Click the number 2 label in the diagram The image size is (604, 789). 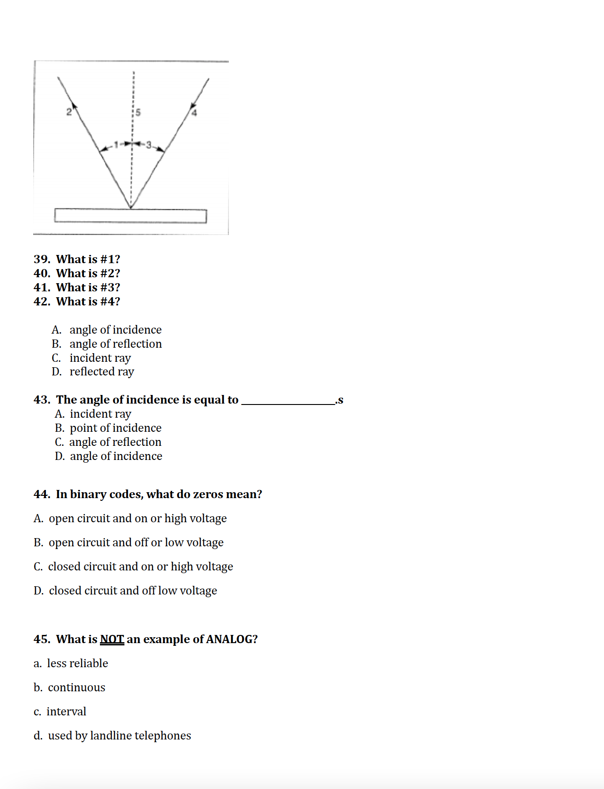[x=69, y=112]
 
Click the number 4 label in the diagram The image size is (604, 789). [x=194, y=113]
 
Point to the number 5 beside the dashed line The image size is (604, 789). [x=138, y=112]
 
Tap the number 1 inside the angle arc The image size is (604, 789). [x=116, y=145]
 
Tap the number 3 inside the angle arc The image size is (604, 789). [x=148, y=145]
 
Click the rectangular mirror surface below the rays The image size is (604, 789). [x=130, y=216]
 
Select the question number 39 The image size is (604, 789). [x=42, y=259]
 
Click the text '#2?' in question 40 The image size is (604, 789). [x=110, y=273]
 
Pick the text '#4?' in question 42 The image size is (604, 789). [x=110, y=301]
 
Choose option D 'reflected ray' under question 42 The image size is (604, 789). [x=102, y=372]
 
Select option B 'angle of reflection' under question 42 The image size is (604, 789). [x=115, y=344]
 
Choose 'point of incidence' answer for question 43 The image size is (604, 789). [x=115, y=428]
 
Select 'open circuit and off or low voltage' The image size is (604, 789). [x=136, y=543]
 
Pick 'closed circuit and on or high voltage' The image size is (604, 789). [x=140, y=567]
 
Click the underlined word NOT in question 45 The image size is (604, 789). [x=112, y=639]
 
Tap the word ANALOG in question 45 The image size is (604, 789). [x=232, y=639]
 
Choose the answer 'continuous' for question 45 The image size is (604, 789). [x=76, y=688]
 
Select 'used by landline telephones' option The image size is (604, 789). [x=119, y=736]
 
